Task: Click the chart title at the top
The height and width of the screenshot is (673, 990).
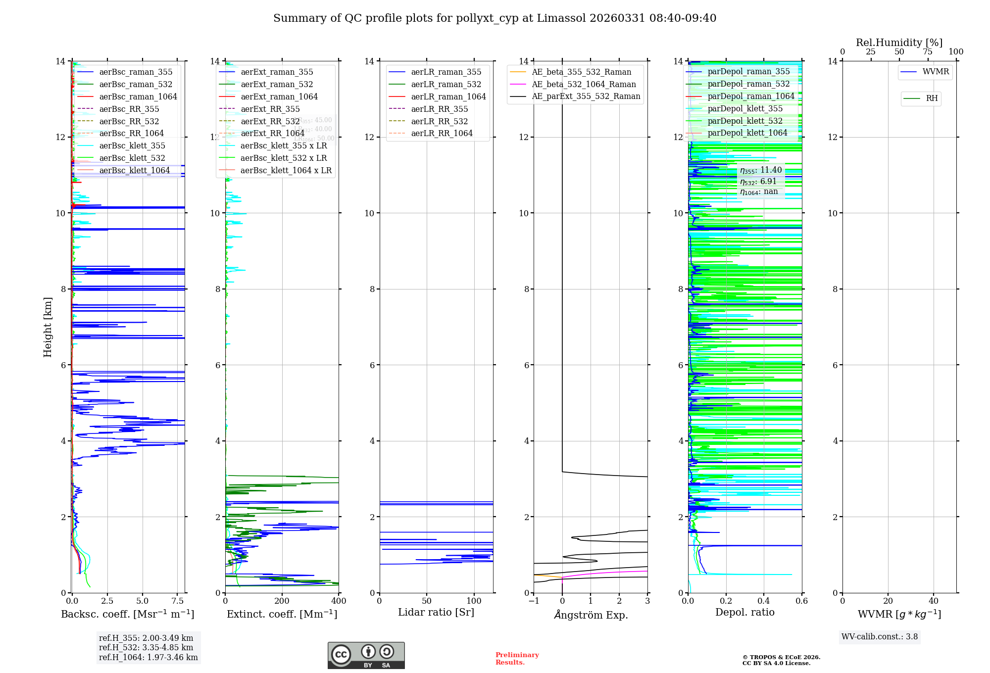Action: point(495,18)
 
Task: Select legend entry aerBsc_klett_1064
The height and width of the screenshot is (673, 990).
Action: point(134,170)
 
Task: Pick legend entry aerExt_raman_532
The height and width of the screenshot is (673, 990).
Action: point(277,84)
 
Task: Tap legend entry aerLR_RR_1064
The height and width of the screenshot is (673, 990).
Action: point(442,133)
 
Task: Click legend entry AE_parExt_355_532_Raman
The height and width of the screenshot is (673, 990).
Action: point(586,96)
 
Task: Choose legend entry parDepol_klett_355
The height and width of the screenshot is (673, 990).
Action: point(745,108)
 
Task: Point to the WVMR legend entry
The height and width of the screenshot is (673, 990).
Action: point(936,72)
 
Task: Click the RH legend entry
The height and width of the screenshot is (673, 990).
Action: point(932,98)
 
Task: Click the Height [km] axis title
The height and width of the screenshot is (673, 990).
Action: point(48,327)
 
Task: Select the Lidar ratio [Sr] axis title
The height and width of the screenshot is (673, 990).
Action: point(436,612)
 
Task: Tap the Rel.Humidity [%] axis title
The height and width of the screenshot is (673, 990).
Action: point(899,43)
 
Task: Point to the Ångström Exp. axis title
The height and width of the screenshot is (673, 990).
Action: point(591,615)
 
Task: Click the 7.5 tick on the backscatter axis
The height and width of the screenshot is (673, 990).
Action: point(178,601)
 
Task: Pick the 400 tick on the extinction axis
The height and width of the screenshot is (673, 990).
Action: point(339,601)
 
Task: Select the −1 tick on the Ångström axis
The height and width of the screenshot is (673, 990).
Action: point(534,601)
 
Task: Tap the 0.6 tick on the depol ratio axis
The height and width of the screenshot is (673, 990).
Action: point(801,601)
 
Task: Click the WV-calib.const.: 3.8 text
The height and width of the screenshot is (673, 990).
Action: point(880,637)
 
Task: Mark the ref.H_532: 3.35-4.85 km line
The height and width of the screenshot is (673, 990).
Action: point(146,647)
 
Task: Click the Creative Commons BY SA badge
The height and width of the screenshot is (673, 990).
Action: point(366,656)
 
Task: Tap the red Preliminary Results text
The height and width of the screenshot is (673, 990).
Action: point(517,659)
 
